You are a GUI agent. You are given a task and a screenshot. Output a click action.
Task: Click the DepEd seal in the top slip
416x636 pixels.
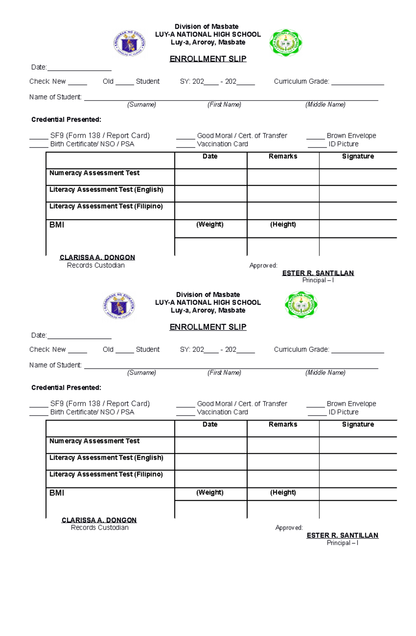[x=129, y=43]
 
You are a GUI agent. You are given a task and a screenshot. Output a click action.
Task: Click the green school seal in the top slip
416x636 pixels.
[x=286, y=43]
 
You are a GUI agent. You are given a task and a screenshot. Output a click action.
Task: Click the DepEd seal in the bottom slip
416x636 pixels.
[x=119, y=305]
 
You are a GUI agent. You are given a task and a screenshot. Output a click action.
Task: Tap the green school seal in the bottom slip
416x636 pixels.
[x=301, y=305]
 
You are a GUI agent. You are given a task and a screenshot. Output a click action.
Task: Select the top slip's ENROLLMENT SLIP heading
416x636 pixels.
[x=208, y=59]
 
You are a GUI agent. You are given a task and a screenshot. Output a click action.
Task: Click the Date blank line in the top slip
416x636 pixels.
[x=79, y=68]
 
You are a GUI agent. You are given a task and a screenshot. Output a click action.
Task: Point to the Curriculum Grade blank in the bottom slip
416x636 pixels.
[x=357, y=351]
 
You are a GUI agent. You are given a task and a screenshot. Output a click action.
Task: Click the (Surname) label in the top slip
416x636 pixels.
[x=141, y=104]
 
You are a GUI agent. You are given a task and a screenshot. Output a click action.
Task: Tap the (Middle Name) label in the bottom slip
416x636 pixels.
[x=325, y=373]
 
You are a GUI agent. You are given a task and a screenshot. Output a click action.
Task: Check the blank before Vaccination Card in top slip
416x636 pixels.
[x=185, y=145]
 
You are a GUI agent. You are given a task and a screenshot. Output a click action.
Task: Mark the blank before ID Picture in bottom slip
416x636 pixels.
[x=317, y=413]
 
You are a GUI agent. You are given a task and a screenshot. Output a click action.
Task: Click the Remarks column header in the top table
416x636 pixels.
[x=283, y=156]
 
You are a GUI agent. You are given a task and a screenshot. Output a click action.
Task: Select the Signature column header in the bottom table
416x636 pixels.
[x=358, y=424]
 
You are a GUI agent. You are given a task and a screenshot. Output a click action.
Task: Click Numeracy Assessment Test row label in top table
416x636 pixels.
[x=94, y=173]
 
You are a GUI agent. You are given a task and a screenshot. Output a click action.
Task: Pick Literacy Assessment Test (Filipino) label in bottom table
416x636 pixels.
[x=106, y=474]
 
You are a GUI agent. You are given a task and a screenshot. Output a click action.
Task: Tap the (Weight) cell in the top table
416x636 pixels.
[x=210, y=224]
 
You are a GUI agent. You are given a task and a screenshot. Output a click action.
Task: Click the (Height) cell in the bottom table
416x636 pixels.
[x=283, y=493]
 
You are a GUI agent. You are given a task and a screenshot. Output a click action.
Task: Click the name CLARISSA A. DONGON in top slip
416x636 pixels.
[x=97, y=257]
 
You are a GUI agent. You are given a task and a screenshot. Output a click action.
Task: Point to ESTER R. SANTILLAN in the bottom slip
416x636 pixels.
[x=343, y=535]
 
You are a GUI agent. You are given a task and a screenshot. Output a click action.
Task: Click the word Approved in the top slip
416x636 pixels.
[x=263, y=265]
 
